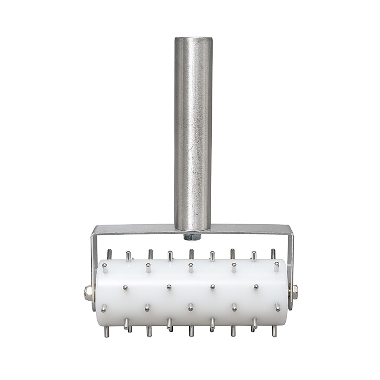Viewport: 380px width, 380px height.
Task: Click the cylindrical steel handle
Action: tap(193, 133)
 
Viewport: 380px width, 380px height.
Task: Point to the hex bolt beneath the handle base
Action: tap(192, 237)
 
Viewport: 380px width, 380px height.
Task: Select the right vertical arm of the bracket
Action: tap(291, 258)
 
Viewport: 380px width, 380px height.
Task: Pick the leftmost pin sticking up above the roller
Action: tap(109, 254)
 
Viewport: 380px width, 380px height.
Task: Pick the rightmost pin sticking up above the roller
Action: tap(273, 254)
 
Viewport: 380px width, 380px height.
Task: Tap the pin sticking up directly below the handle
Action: tap(191, 254)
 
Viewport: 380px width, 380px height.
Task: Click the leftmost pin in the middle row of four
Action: tap(125, 288)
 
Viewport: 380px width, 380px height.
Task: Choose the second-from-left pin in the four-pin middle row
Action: tap(169, 287)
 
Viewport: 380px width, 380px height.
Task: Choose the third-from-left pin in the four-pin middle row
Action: tap(212, 287)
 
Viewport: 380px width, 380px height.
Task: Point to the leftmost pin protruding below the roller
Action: tap(107, 331)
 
